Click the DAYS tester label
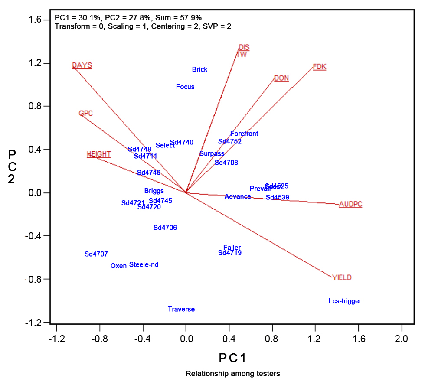pos(82,65)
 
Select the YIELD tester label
pos(342,277)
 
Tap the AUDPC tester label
pos(350,204)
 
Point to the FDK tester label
pos(319,67)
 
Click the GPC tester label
pos(86,114)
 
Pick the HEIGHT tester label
pos(99,154)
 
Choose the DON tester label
pos(281,78)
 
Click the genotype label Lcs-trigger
pos(345,301)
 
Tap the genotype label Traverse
pos(181,309)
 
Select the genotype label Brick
pos(199,69)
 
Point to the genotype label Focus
pos(185,87)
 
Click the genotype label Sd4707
pos(96,254)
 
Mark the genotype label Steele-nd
pos(144,264)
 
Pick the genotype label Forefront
pos(244,134)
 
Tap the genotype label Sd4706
pos(165,228)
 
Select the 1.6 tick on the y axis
pos(38,20)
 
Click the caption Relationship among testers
pos(233,373)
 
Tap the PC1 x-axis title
pos(233,358)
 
